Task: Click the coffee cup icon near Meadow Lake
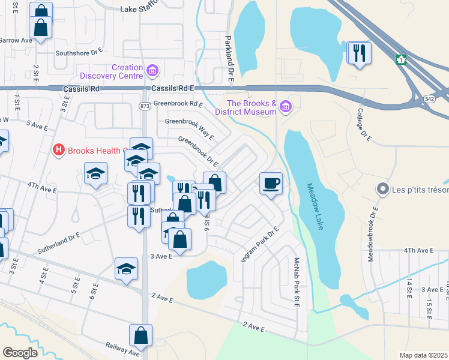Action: coord(271,182)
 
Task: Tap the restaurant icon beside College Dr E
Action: coord(359,53)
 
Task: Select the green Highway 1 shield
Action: coord(401,60)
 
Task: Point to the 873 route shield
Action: coord(144,106)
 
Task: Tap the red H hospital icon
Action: coord(59,149)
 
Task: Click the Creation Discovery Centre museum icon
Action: coord(152,72)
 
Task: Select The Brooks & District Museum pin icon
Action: coord(286,107)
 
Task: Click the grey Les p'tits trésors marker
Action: coord(382,189)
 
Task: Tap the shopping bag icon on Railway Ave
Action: coord(140,337)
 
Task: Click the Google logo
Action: coord(20,353)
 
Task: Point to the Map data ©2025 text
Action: coord(424,355)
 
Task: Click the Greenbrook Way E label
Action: coord(189,127)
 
